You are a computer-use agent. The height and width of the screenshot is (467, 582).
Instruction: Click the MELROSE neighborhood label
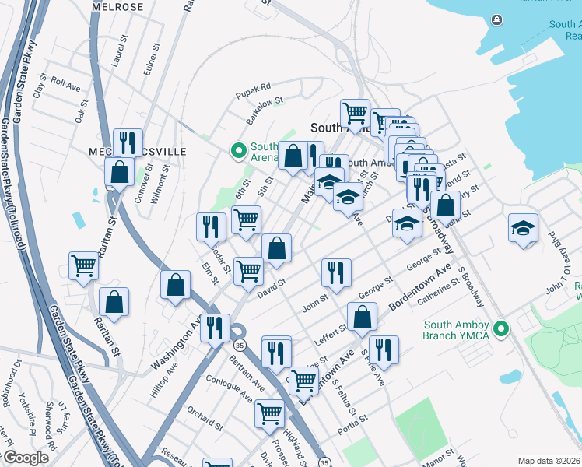(117, 7)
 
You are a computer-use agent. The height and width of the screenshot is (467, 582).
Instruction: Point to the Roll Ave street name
(66, 83)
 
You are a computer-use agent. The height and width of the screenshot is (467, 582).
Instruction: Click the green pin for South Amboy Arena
(240, 150)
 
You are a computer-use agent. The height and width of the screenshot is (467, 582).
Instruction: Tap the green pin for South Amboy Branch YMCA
(503, 329)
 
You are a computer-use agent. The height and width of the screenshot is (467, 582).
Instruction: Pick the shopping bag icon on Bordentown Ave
(363, 316)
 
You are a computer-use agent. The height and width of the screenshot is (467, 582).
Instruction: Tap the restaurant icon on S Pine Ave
(384, 349)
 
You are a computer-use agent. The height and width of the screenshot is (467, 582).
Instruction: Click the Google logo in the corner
(25, 458)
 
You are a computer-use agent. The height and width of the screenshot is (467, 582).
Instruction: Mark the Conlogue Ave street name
(229, 387)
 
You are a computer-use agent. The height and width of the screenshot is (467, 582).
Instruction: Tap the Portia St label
(348, 428)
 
